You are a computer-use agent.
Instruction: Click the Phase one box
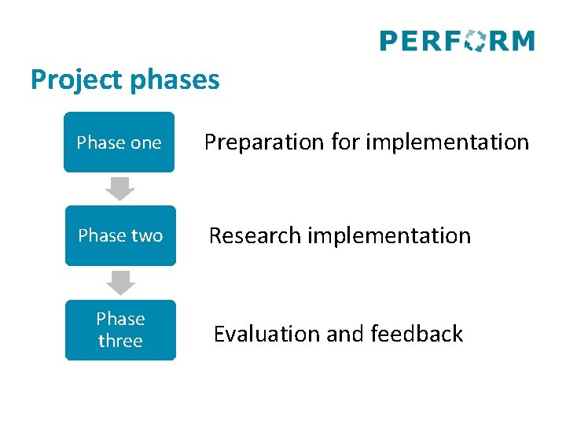click(x=119, y=142)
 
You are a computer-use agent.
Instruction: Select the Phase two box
click(x=120, y=235)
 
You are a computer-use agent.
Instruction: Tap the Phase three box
click(x=120, y=330)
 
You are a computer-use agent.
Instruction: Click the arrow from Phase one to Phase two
click(x=120, y=189)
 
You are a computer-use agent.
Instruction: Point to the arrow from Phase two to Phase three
click(x=120, y=283)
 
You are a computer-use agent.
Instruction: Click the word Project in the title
click(x=67, y=80)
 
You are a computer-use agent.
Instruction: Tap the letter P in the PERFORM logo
click(x=388, y=41)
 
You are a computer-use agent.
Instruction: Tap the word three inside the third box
click(x=120, y=342)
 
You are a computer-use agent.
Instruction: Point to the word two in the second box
click(x=147, y=235)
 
